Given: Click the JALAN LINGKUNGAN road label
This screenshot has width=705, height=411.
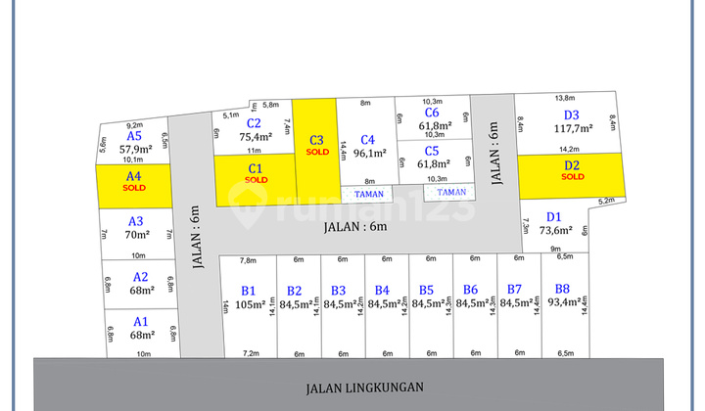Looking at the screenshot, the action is pyautogui.click(x=352, y=387).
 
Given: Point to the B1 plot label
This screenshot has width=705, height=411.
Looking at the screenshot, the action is pyautogui.click(x=249, y=291).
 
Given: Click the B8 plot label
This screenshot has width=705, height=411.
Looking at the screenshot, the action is pyautogui.click(x=562, y=289).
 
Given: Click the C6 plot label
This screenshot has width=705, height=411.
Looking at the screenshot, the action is pyautogui.click(x=432, y=114).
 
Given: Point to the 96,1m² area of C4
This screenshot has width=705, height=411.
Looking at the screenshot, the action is pyautogui.click(x=368, y=153).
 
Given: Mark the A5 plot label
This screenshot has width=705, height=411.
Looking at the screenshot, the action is pyautogui.click(x=134, y=136).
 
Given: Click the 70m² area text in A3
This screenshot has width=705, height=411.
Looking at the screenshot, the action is pyautogui.click(x=136, y=235).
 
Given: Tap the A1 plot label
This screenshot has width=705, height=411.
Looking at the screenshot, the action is pyautogui.click(x=141, y=321).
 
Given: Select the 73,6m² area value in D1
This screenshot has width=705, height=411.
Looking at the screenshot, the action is pyautogui.click(x=554, y=231).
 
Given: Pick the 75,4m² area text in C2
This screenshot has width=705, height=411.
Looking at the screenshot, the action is pyautogui.click(x=254, y=137).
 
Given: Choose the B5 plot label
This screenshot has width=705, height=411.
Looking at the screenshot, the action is pyautogui.click(x=426, y=291).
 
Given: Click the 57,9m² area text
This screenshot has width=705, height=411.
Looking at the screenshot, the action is pyautogui.click(x=135, y=150).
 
